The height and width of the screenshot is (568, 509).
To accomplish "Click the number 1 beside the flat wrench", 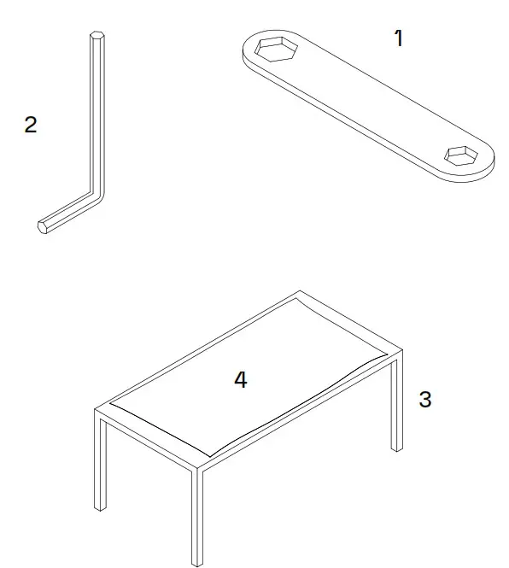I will pos(397,38).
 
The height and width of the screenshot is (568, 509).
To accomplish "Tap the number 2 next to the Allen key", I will pos(31,125).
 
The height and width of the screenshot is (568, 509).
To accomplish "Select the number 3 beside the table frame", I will pos(424,399).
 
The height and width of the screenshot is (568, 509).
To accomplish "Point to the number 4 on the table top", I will pos(241,380).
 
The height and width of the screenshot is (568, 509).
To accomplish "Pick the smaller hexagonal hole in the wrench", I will pos(462,155).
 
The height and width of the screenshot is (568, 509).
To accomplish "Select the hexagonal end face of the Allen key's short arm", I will pos(43,226).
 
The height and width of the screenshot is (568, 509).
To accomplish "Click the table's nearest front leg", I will pos(197,517).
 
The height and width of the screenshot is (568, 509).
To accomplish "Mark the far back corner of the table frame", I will pos(298,292).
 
